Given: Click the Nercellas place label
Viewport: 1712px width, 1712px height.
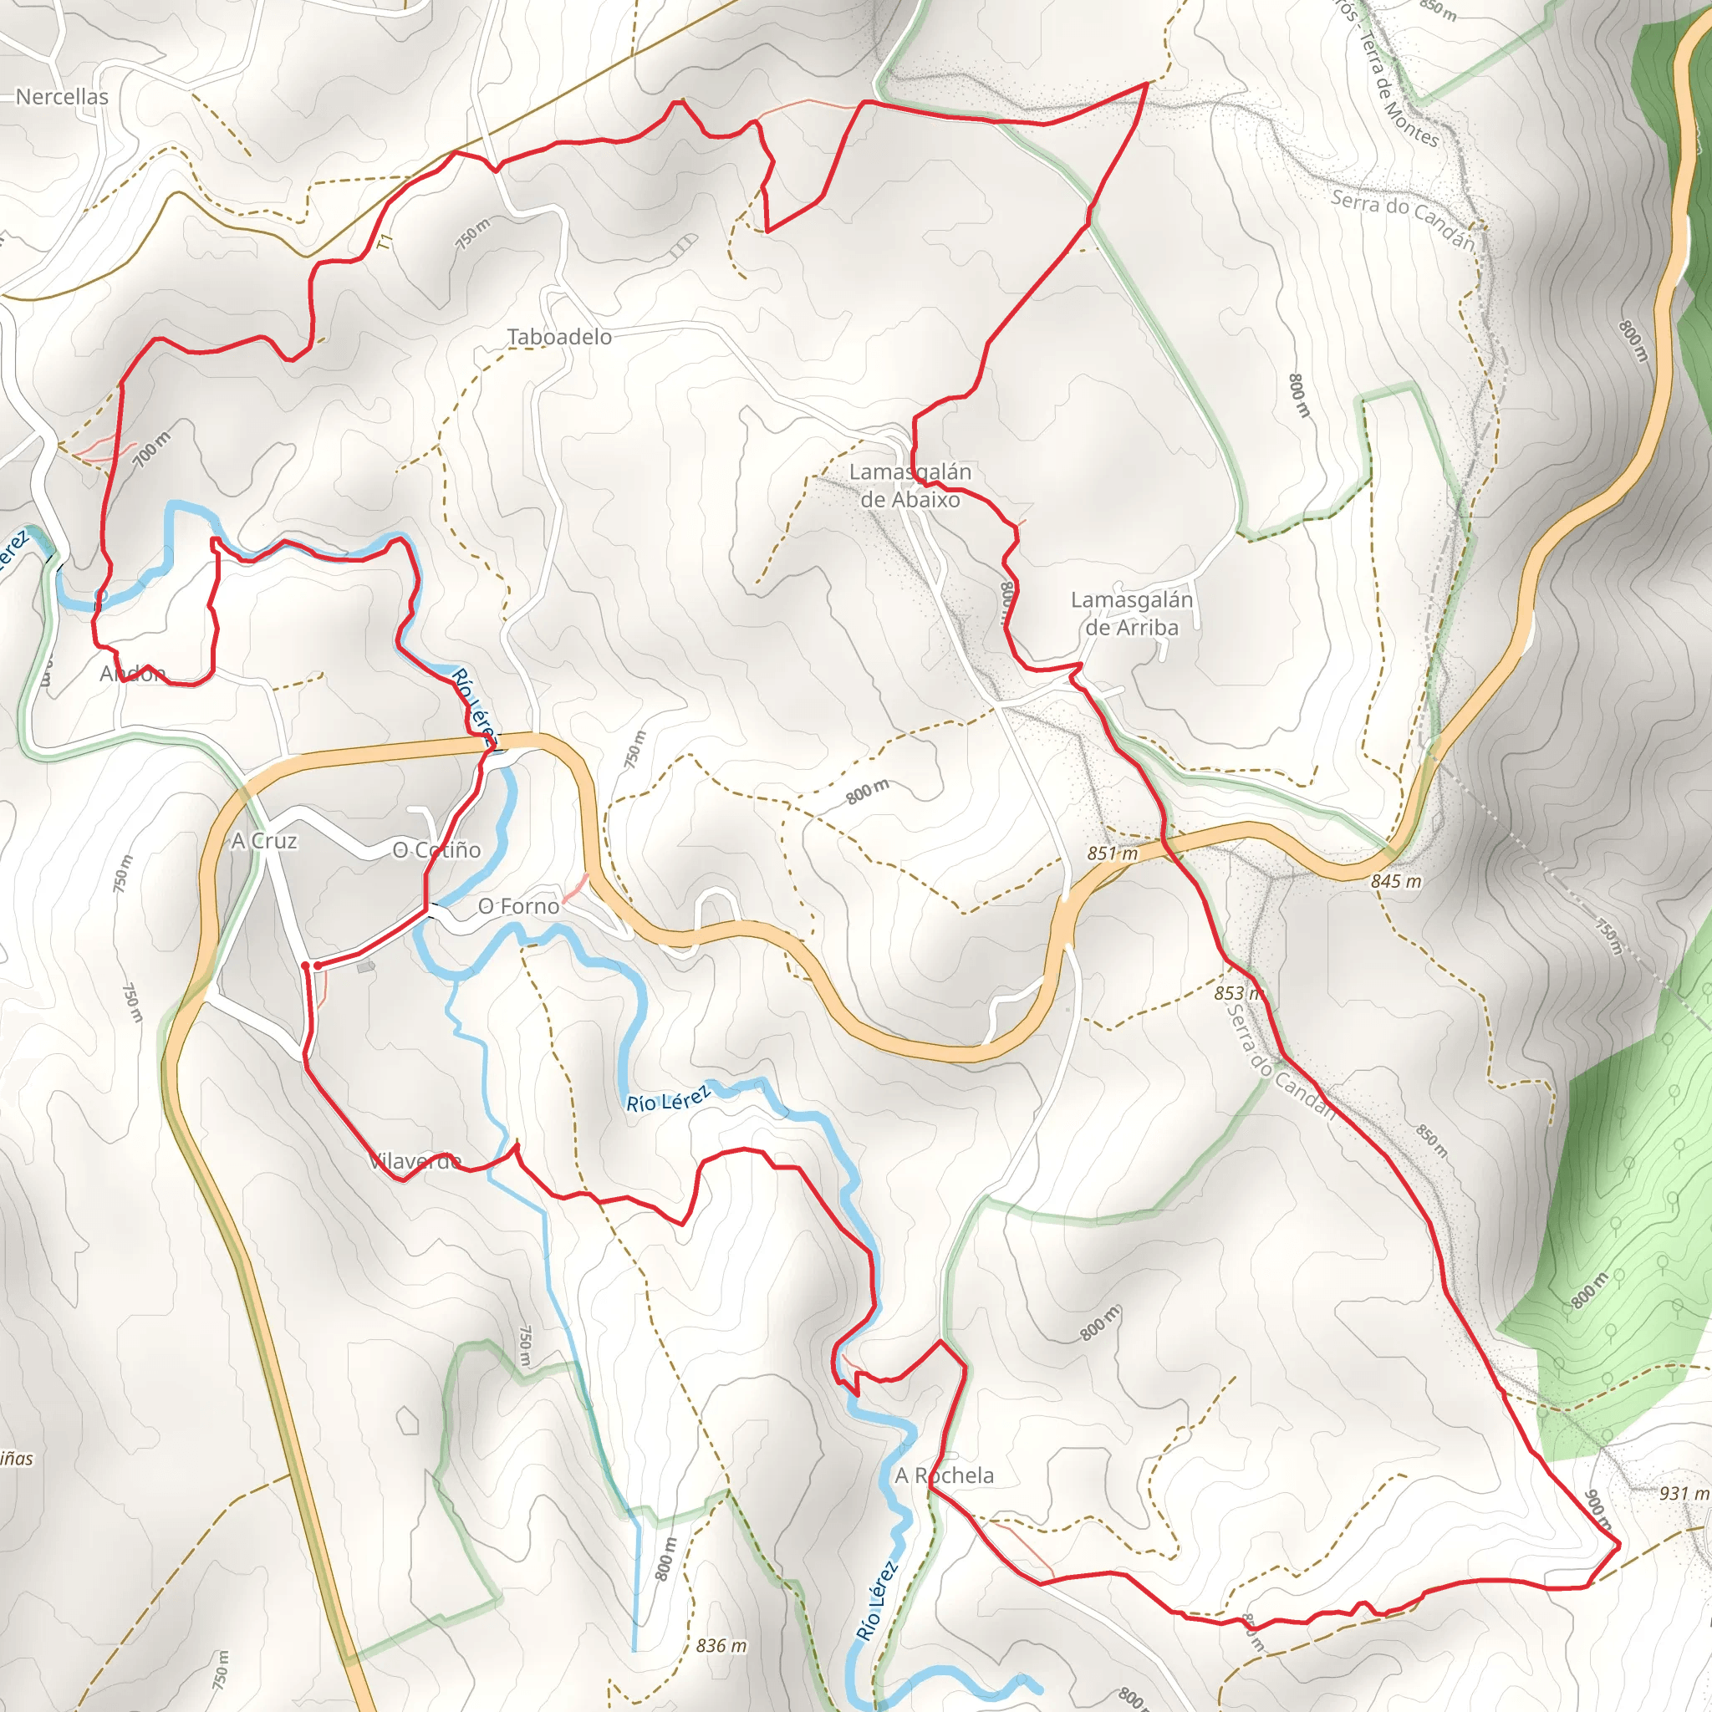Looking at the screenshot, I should click(62, 97).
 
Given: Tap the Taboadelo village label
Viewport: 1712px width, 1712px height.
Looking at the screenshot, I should click(559, 337).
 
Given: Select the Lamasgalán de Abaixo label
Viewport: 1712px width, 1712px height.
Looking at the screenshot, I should click(910, 486).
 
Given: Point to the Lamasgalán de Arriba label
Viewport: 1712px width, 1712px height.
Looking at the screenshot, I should click(1132, 614).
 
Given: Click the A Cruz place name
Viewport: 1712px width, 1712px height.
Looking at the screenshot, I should click(264, 840).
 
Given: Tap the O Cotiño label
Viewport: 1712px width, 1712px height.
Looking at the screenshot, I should click(437, 850).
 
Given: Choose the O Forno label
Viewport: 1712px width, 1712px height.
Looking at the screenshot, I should click(518, 905).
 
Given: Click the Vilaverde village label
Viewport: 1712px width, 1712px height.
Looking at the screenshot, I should click(414, 1161).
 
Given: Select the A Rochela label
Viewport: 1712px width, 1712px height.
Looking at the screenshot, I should click(944, 1475).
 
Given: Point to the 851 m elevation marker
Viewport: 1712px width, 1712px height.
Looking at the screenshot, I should click(1112, 853).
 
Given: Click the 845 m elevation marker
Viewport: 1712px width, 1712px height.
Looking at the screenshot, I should click(1396, 881).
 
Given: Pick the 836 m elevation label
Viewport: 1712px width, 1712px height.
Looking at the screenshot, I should click(721, 1645).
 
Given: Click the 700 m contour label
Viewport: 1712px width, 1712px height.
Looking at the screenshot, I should click(152, 449).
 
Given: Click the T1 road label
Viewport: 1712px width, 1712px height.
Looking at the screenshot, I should click(384, 241).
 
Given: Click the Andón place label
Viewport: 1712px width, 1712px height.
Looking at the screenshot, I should click(133, 674).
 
